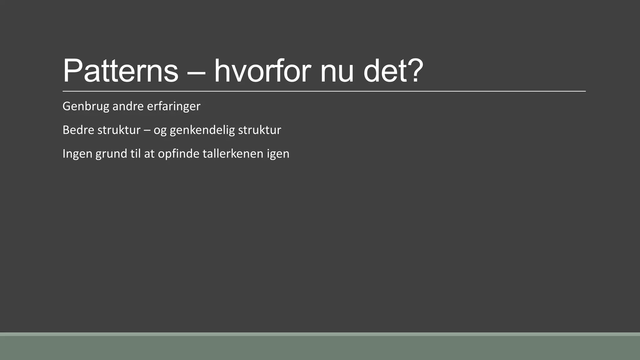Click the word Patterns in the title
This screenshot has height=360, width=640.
[x=120, y=71]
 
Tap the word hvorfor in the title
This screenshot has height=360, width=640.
[x=262, y=71]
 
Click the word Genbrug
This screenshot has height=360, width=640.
[x=86, y=107]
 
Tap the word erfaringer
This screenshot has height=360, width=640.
[x=173, y=107]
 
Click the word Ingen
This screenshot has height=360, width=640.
[x=77, y=154]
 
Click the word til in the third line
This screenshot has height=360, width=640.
[x=135, y=153]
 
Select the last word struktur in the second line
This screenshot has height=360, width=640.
[x=259, y=130]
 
